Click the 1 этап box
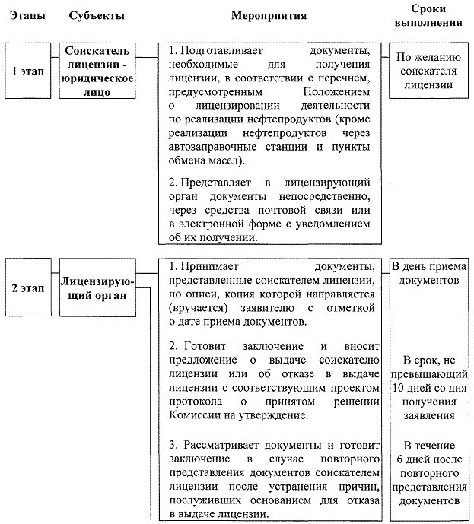26,71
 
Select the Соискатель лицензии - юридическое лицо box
98,71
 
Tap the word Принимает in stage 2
206,267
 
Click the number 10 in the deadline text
399,388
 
